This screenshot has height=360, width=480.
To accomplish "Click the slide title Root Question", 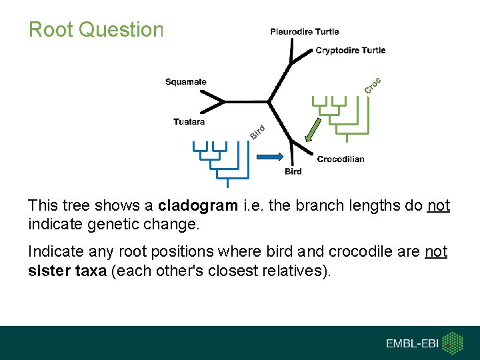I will [x=95, y=29].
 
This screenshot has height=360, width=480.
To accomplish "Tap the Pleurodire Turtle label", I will [x=304, y=31].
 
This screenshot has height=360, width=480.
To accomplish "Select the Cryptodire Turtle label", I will [x=350, y=50].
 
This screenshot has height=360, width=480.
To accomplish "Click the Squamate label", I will [x=186, y=82].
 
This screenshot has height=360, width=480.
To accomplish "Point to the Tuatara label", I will [x=189, y=122].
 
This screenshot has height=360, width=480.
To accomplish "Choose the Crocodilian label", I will [x=341, y=159].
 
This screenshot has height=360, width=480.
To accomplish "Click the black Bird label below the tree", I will [x=293, y=172].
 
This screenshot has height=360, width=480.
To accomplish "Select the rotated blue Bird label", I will [x=258, y=133].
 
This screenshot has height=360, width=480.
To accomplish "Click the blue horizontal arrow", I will [x=271, y=156].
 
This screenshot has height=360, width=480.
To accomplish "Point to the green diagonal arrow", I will [x=313, y=130].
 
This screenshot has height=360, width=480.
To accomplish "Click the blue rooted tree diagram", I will [x=216, y=162].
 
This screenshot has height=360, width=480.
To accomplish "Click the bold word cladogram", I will [x=197, y=206].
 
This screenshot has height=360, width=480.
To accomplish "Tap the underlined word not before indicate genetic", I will [x=438, y=206].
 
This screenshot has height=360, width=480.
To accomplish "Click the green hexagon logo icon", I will [x=453, y=343].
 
